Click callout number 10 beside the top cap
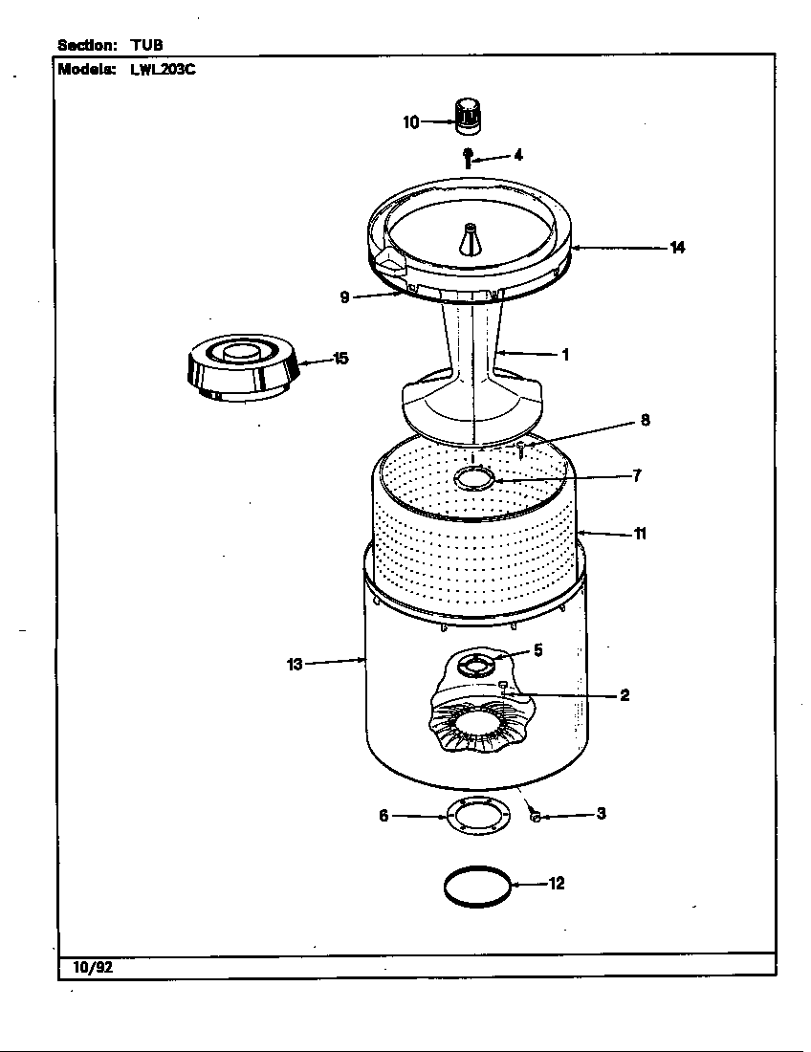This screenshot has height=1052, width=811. [x=410, y=121]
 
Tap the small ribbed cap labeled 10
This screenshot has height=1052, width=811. [x=467, y=114]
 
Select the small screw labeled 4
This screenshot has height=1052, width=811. [x=468, y=157]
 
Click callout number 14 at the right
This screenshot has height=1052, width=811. [x=677, y=248]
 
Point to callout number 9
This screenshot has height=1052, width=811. [x=344, y=297]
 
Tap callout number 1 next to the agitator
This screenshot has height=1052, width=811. [x=565, y=355]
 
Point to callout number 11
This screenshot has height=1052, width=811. [x=640, y=534]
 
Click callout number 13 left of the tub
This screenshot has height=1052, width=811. [x=295, y=664]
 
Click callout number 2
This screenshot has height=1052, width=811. [x=624, y=695]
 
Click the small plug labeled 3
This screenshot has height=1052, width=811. [x=536, y=816]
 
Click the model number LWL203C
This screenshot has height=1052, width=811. [x=163, y=69]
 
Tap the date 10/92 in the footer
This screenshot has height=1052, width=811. [x=93, y=967]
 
